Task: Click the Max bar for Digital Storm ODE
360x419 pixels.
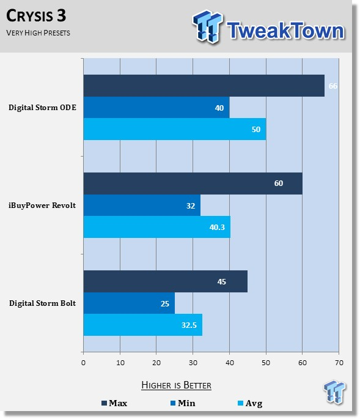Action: pos(204,86)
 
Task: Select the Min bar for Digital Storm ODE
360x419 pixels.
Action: pos(156,108)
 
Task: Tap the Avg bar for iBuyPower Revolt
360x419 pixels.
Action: pos(157,227)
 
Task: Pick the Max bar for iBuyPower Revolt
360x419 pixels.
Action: pos(193,184)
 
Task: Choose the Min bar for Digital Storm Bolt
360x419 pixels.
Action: pos(129,303)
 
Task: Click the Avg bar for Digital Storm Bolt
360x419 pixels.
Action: pos(143,325)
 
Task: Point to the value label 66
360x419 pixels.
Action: pos(332,86)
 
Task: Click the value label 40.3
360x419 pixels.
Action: pos(217,227)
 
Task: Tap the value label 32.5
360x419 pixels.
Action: pos(189,325)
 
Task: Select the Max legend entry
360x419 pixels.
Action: pos(114,403)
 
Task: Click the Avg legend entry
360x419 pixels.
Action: pos(250,403)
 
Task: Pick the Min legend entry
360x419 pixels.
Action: pos(183,403)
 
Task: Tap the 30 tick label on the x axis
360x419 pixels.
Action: pos(193,363)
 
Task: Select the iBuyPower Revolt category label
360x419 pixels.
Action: pos(42,206)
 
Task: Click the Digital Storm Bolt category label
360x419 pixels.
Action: pos(42,303)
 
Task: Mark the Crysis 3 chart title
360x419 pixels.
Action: pos(36,16)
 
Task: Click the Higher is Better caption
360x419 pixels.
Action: pos(176,385)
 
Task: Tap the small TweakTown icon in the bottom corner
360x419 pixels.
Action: pos(334,391)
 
